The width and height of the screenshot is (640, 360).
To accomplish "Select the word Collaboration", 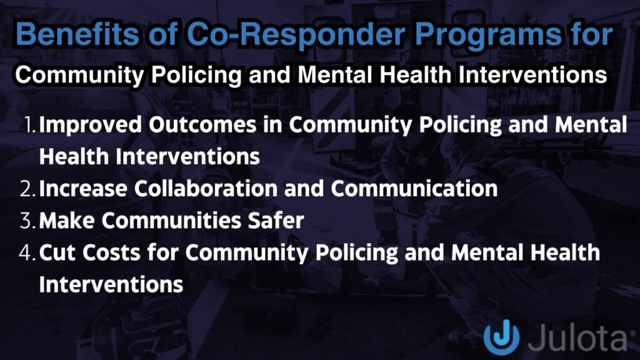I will pos(215,188).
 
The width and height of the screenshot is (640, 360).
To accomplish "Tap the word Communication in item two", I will pos(407,188).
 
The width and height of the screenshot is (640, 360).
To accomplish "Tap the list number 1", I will pos(29,125).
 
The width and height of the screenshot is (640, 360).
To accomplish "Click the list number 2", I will pos(28,188).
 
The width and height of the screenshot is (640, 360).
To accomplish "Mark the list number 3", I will pos(28,221).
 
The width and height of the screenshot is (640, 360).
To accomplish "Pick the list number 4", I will pos(28,253).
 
